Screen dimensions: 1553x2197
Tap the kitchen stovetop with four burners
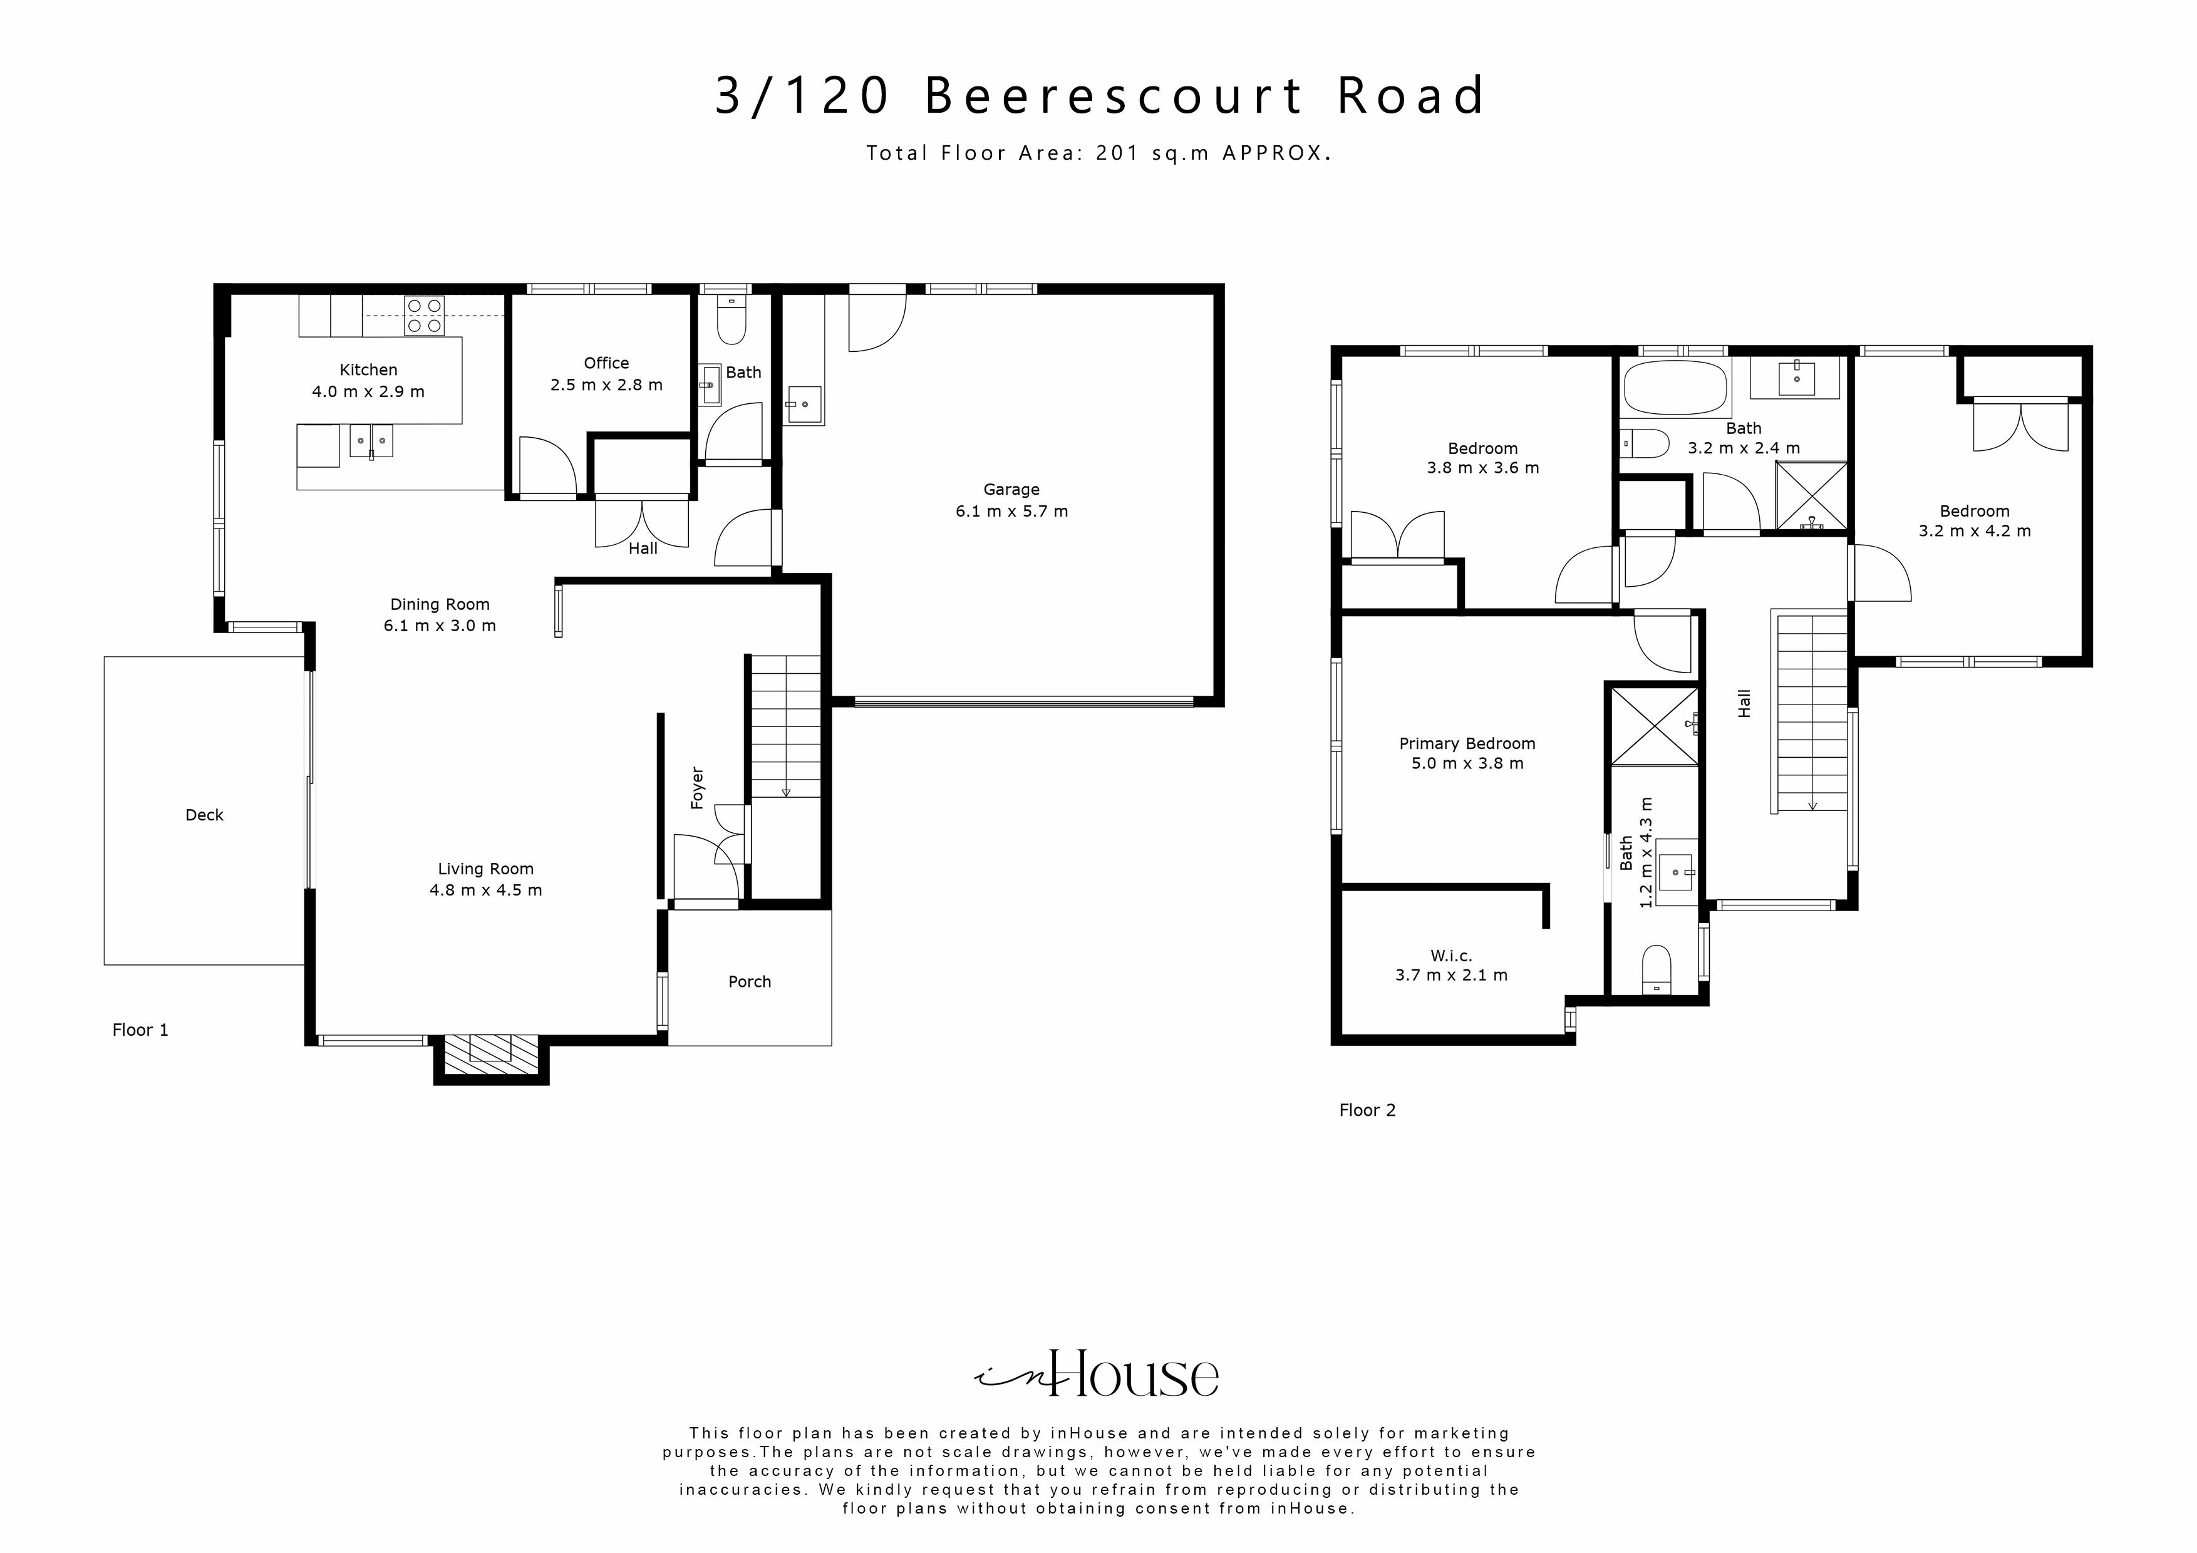(x=424, y=316)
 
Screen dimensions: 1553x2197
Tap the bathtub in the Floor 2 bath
(x=1675, y=388)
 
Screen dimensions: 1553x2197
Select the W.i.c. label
(x=1450, y=955)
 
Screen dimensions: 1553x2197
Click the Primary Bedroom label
(x=1466, y=743)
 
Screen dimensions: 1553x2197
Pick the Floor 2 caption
(x=1367, y=1110)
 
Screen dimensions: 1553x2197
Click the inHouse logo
(x=1097, y=1376)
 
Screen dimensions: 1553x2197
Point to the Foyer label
(x=698, y=788)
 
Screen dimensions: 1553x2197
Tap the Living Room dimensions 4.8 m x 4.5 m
(x=485, y=890)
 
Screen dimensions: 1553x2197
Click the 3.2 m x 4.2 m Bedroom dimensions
(x=1974, y=530)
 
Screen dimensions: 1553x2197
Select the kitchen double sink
(x=370, y=441)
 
